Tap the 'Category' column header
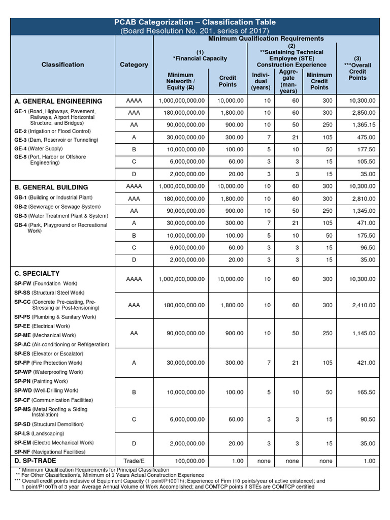[x=134, y=64]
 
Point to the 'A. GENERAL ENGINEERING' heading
[x=58, y=101]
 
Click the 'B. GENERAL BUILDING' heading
[x=51, y=187]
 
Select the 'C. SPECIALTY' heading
[x=37, y=273]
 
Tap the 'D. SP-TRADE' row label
[x=36, y=461]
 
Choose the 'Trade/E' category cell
[x=134, y=461]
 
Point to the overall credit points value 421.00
[x=365, y=363]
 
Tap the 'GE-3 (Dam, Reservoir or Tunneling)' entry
[x=56, y=140]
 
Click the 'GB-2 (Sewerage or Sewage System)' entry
[x=57, y=207]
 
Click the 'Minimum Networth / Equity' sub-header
[x=180, y=81]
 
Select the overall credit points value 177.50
[x=365, y=149]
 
